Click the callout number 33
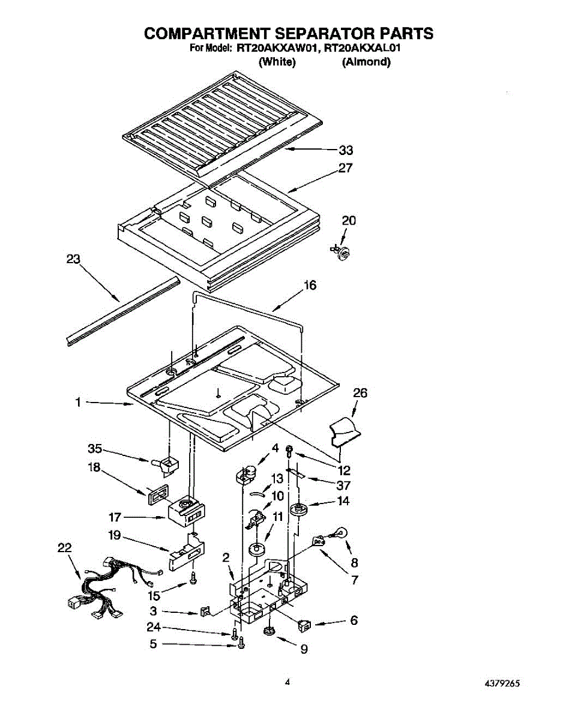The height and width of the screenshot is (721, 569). pyautogui.click(x=346, y=150)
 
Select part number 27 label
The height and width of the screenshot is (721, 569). pyautogui.click(x=345, y=168)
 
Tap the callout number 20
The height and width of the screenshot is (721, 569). pyautogui.click(x=349, y=221)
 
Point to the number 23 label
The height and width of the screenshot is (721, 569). pyautogui.click(x=73, y=259)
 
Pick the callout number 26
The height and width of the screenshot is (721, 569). pyautogui.click(x=360, y=393)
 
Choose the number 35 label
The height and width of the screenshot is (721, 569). pyautogui.click(x=95, y=449)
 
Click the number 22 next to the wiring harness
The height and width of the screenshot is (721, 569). pyautogui.click(x=64, y=547)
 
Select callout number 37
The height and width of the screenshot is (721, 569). pyautogui.click(x=343, y=485)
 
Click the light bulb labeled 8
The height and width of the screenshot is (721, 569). pyautogui.click(x=340, y=533)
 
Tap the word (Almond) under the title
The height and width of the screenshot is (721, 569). pyautogui.click(x=366, y=62)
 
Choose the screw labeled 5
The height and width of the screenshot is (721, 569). pyautogui.click(x=242, y=645)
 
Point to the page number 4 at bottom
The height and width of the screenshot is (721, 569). pyautogui.click(x=288, y=683)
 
